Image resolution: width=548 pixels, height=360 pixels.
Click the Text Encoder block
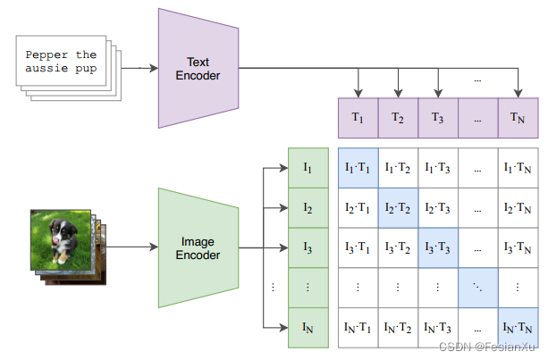198,68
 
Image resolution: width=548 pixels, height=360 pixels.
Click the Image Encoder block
198,247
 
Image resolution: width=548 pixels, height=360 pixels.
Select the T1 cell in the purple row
358,117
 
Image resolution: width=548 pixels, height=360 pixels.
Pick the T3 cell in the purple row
438,117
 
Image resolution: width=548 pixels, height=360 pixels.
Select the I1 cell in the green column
308,167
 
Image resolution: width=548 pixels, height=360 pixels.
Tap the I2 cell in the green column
308,207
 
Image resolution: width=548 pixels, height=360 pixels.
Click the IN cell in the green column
308,327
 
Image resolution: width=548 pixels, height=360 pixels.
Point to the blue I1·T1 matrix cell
358,167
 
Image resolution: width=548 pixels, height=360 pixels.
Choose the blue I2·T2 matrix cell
398,207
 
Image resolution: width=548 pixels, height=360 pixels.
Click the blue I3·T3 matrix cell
438,247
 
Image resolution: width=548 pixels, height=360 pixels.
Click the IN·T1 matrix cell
358,327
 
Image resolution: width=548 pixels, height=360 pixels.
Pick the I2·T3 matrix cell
438,207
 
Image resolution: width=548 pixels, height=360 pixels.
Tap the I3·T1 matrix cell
358,247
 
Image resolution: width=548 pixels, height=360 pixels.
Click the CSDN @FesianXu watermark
494,346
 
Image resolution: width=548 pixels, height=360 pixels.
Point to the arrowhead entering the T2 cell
398,93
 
